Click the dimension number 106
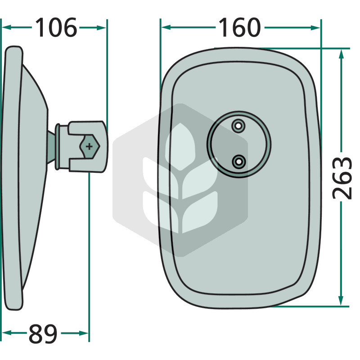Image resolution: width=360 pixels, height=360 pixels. coord(56,27)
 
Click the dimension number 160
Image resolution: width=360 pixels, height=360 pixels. coord(240,27)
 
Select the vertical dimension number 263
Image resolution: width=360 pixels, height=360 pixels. coord(342,178)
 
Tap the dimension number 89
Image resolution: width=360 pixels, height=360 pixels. coord(43,334)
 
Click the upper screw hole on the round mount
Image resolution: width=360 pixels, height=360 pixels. coord(238,126)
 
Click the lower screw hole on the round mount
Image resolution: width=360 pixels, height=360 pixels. coord(239,162)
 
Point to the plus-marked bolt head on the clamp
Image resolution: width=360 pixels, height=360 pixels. coord(90,146)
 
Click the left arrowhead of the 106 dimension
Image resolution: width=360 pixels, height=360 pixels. coord(6,27)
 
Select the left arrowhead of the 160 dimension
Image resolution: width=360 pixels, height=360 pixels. coord(166,27)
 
